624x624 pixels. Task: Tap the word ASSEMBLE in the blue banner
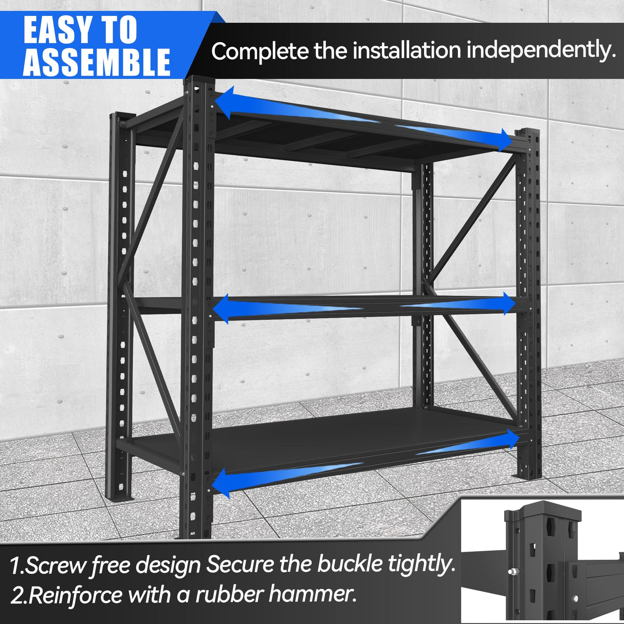click(x=96, y=63)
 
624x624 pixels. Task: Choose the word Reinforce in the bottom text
click(x=75, y=596)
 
